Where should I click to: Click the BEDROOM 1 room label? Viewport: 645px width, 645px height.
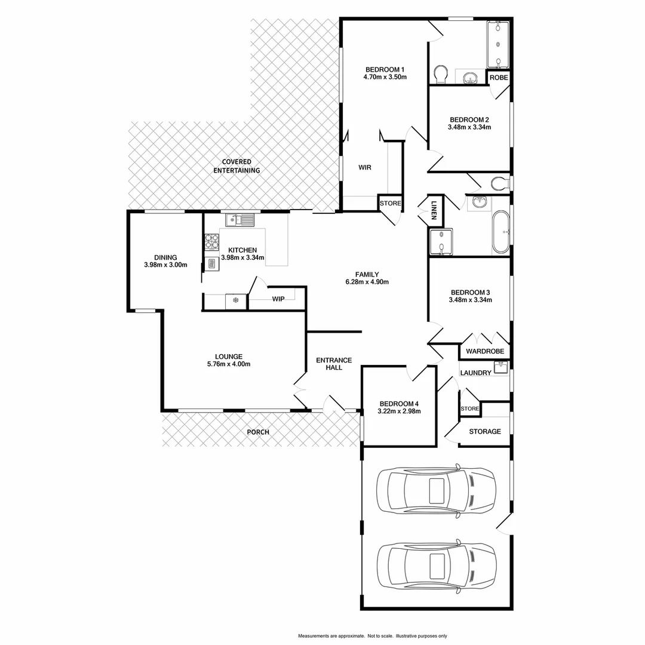click(x=385, y=69)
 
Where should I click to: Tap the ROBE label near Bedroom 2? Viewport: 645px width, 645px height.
click(x=499, y=78)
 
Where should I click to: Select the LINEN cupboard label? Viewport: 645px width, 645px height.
click(x=435, y=208)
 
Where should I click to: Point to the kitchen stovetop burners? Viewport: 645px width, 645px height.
click(x=212, y=241)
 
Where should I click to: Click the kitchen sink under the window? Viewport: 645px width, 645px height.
click(x=239, y=220)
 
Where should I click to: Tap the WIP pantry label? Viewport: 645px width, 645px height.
click(x=278, y=299)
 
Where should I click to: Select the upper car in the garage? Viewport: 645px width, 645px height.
click(x=436, y=490)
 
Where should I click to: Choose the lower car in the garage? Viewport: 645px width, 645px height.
click(x=436, y=565)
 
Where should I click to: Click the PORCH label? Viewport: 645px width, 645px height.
click(x=259, y=432)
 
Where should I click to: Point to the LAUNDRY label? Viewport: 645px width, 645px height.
click(x=476, y=373)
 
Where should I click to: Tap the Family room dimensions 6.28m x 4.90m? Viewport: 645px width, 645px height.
click(x=367, y=282)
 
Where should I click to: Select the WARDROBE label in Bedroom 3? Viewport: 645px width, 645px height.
click(x=485, y=351)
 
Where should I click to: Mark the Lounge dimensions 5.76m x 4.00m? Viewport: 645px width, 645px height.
click(x=229, y=364)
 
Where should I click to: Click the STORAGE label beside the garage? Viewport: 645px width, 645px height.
click(x=484, y=431)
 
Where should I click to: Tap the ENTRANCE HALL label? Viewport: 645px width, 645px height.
click(x=334, y=364)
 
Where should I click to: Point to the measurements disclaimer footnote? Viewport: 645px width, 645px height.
click(x=373, y=636)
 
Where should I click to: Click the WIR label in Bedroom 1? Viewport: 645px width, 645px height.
click(x=365, y=168)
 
